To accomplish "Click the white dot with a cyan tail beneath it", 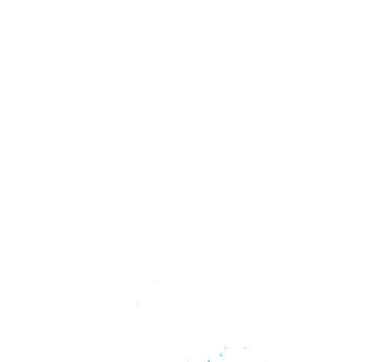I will coord(225,347).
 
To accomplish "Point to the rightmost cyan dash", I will coord(245,347).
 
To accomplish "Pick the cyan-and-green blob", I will coord(220,355).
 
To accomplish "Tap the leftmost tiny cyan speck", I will coord(188,360).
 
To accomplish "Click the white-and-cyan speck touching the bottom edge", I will coord(208,360).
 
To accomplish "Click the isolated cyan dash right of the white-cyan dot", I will coord(245,347).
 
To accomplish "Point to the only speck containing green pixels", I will coord(220,355).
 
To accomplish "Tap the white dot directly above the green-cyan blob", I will coord(225,346).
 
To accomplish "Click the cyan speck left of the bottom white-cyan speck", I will coord(188,360).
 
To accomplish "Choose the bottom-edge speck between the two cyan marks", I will coord(208,360).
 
